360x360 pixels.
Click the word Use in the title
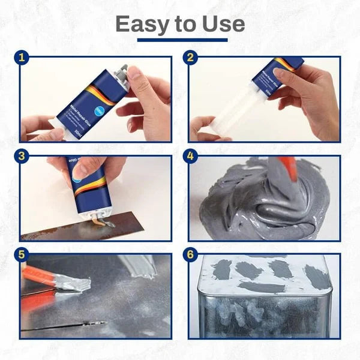tap(223, 24)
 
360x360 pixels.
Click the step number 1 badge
tap(22, 58)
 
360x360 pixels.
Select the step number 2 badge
tap(191, 58)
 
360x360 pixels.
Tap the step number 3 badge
tap(22, 157)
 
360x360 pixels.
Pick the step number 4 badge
tap(191, 157)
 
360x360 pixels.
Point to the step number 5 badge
tap(22, 254)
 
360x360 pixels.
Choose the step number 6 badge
tap(191, 254)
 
